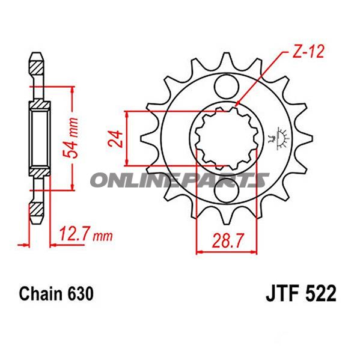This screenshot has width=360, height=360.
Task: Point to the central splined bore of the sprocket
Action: (x=225, y=138)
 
